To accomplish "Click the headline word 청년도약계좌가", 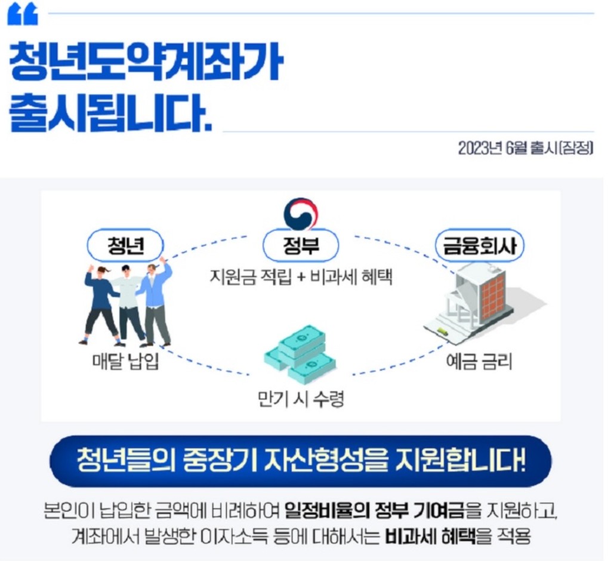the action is pyautogui.click(x=145, y=62).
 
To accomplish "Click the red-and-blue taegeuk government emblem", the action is pyautogui.click(x=301, y=214).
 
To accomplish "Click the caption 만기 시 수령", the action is pyautogui.click(x=301, y=398).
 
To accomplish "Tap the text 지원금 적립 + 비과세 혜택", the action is pyautogui.click(x=301, y=277).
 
